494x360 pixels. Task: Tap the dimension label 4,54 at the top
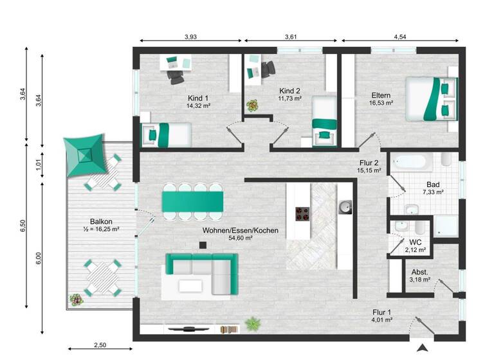[x=399, y=37]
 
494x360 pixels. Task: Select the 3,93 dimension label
[x=190, y=37]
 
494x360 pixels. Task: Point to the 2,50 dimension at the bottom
[x=100, y=345]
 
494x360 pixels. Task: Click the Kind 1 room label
[x=199, y=97]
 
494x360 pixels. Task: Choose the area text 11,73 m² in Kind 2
[x=290, y=99]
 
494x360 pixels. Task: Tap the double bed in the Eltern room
[x=432, y=98]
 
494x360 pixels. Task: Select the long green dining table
[x=193, y=201]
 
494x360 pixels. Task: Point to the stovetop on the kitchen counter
[x=302, y=212]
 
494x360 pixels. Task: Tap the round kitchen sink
[x=345, y=206]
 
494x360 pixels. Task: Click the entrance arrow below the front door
[x=423, y=348]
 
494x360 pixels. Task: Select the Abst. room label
[x=419, y=272]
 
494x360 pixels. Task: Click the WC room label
[x=416, y=242]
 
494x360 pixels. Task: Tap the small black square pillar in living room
[x=203, y=245]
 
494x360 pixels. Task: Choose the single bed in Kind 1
[x=167, y=134]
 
